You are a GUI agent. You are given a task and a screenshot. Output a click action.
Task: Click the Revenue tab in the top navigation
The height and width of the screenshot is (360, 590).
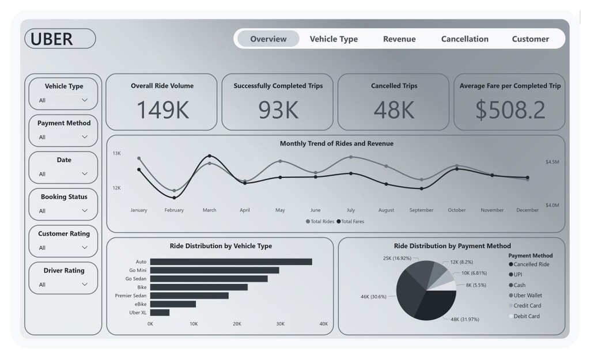click(x=399, y=39)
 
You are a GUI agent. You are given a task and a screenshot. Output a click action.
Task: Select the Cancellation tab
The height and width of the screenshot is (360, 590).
click(x=464, y=39)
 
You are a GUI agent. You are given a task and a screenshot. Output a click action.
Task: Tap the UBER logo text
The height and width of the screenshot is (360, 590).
click(x=52, y=39)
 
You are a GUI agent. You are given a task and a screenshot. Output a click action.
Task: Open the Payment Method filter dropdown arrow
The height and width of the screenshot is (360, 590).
click(x=85, y=137)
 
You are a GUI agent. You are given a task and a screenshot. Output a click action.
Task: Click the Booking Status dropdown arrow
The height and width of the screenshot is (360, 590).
click(x=85, y=211)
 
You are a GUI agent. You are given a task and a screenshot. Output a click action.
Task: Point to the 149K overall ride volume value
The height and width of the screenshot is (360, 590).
click(x=163, y=109)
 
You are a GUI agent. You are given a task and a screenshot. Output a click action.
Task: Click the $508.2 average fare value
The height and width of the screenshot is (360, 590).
click(x=510, y=109)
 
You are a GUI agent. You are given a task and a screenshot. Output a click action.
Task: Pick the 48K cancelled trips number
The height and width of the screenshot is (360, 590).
click(x=394, y=109)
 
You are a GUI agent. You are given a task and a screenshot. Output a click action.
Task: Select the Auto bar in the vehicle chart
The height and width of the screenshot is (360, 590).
click(x=230, y=262)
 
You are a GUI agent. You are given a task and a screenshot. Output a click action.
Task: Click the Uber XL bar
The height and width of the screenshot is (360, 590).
click(x=160, y=312)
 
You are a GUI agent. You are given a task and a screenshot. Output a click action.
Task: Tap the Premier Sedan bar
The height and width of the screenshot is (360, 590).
click(x=189, y=295)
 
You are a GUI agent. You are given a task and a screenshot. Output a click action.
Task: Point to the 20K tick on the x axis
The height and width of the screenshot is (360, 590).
click(x=237, y=324)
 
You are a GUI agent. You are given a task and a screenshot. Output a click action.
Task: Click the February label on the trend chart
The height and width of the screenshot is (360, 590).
click(x=174, y=210)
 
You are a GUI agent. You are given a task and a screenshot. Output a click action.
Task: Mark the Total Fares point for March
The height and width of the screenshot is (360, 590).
click(x=209, y=156)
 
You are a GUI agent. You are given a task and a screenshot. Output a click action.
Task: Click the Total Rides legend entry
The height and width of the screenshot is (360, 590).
click(x=322, y=221)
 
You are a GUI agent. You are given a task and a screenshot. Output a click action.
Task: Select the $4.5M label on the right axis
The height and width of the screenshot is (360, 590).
click(x=552, y=162)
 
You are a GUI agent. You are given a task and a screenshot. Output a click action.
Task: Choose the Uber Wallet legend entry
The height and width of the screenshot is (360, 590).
click(x=527, y=295)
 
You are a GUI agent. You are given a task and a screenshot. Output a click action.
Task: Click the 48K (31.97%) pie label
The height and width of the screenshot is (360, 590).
click(x=464, y=319)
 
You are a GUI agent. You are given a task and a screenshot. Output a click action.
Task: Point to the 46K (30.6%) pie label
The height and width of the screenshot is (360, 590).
click(x=373, y=297)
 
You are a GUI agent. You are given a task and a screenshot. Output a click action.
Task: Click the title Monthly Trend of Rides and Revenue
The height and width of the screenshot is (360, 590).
click(x=336, y=143)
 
